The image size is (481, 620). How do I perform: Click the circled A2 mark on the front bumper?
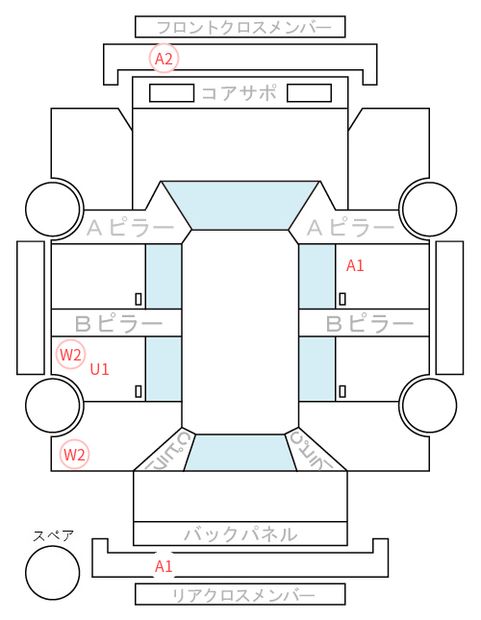tap(164, 59)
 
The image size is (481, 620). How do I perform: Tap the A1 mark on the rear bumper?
tap(164, 566)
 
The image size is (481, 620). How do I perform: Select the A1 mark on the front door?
tap(355, 265)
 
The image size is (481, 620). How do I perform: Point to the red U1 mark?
tap(99, 369)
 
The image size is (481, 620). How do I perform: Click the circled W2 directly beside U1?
tap(70, 355)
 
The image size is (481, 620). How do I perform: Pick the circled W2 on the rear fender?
tap(74, 455)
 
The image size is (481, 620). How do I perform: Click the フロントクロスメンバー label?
tap(244, 28)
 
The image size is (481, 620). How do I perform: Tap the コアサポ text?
tap(240, 93)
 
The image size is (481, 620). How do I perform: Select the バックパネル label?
tap(240, 534)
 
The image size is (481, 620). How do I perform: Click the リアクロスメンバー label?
tap(244, 595)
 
